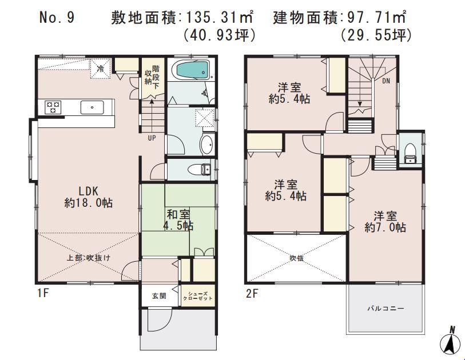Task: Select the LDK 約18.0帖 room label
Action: pyautogui.click(x=88, y=197)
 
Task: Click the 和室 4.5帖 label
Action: pyautogui.click(x=180, y=220)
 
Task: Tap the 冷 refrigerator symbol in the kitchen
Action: pyautogui.click(x=100, y=69)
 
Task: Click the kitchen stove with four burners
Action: pyautogui.click(x=53, y=106)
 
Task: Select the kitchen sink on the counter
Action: pyautogui.click(x=92, y=106)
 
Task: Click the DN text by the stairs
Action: pyautogui.click(x=386, y=81)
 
